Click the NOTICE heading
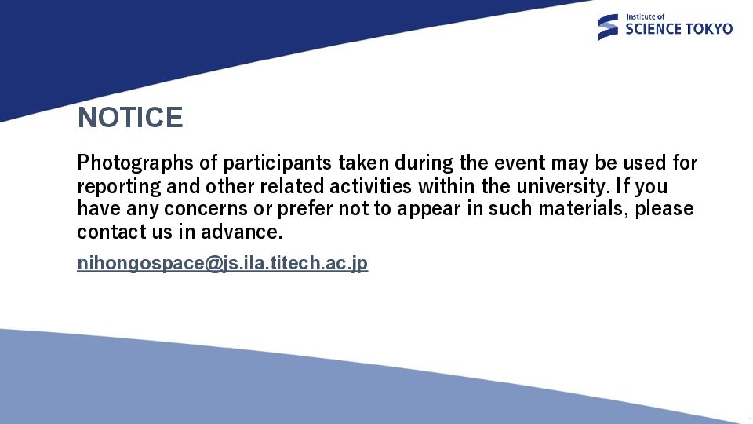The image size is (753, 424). click(x=130, y=117)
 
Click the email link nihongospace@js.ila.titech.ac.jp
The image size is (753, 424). click(x=222, y=264)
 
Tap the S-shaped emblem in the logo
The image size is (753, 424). click(x=608, y=27)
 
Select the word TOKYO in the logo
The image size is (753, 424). click(x=708, y=29)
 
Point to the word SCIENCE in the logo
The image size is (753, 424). click(x=653, y=29)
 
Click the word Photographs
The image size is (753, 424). click(x=135, y=163)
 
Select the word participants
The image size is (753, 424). click(x=278, y=163)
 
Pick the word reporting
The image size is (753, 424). click(x=119, y=187)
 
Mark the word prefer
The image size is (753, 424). click(x=305, y=210)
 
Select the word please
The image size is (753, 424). click(x=664, y=210)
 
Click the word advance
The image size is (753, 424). click(x=242, y=232)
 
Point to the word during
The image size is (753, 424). click(x=424, y=163)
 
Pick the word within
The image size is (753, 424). click(x=446, y=186)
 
